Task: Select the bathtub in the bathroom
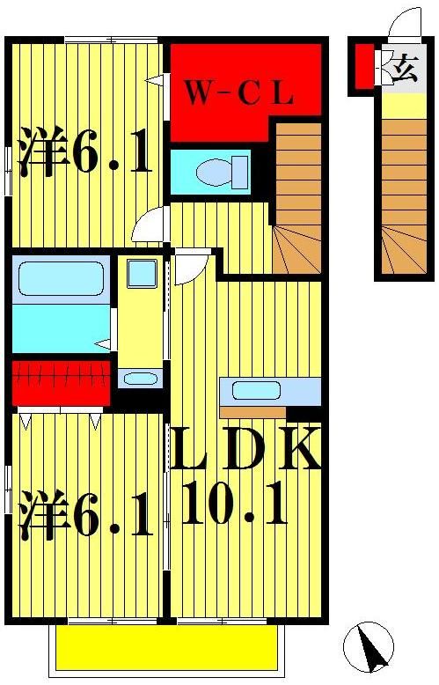[x=60, y=280]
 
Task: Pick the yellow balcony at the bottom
[x=167, y=649]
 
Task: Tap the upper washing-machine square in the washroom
[x=141, y=274]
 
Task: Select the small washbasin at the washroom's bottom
[x=140, y=379]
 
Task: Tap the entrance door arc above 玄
[x=406, y=24]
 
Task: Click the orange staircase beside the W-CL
[x=297, y=198]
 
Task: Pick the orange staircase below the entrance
[x=404, y=194]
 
